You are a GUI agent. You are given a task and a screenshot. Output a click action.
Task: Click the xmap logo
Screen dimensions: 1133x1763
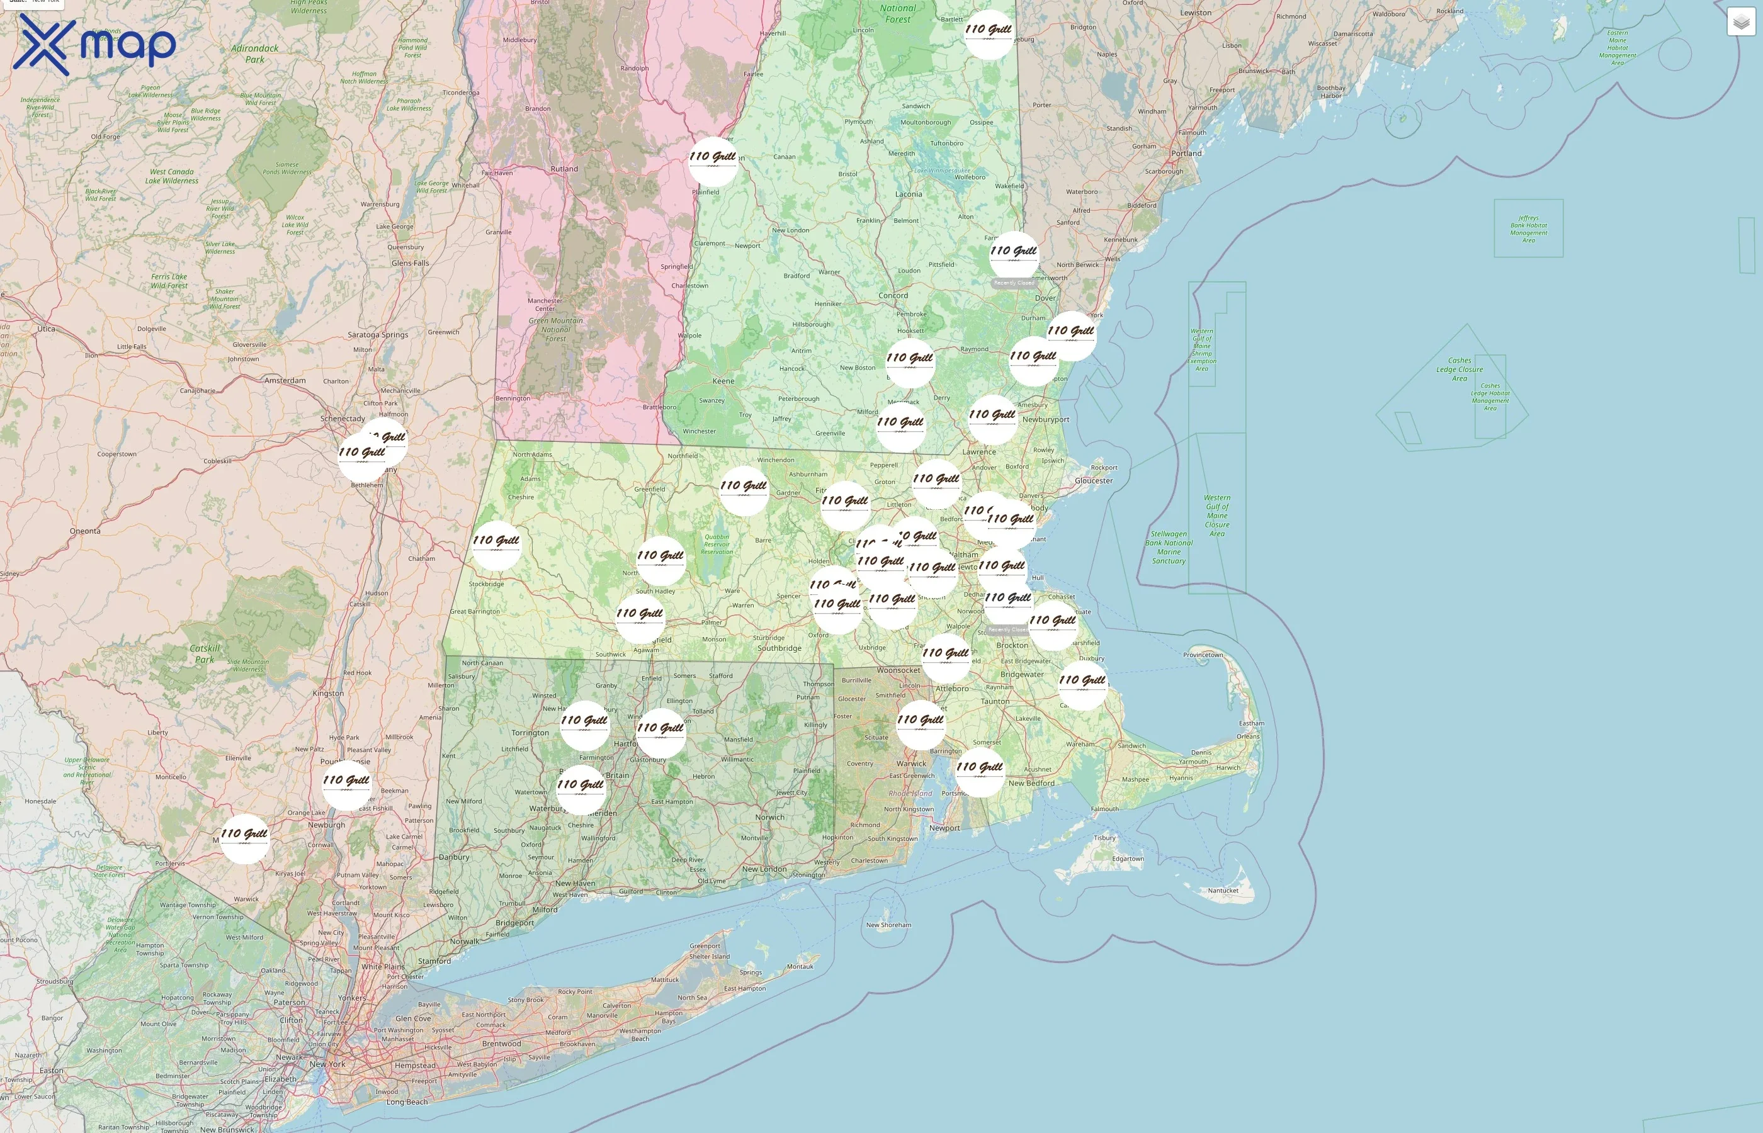point(94,44)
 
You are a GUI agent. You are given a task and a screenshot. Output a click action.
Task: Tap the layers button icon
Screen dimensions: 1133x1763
point(1740,22)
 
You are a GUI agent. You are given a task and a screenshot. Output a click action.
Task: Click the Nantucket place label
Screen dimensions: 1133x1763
point(1223,890)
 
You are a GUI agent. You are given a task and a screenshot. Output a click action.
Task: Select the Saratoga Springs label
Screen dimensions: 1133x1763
point(377,335)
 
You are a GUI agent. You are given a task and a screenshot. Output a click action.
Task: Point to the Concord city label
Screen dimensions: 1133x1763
point(893,296)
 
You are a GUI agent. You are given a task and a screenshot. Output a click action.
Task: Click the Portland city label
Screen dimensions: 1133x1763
point(1186,153)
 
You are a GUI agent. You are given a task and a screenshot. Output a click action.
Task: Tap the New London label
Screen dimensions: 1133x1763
point(764,869)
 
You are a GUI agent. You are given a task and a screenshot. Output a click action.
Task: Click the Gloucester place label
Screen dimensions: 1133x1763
point(1094,480)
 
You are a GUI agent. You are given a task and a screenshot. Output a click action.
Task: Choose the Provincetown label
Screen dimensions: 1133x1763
point(1203,655)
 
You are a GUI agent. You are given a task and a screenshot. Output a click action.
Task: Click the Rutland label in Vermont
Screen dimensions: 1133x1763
point(564,169)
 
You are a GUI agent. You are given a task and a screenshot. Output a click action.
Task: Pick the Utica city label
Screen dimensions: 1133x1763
point(47,329)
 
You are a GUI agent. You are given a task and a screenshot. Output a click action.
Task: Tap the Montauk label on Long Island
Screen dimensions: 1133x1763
point(800,966)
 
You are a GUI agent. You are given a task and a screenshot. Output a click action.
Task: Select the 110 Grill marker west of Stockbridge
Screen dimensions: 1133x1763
point(497,545)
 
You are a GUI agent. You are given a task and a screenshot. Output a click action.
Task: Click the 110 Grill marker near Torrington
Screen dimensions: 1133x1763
point(585,725)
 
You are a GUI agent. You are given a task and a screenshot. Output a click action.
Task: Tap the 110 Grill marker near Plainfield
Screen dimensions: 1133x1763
point(713,161)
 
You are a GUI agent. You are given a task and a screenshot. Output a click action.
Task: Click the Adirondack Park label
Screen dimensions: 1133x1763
point(254,54)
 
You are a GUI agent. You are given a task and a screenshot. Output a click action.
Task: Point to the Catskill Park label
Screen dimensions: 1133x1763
point(205,654)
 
